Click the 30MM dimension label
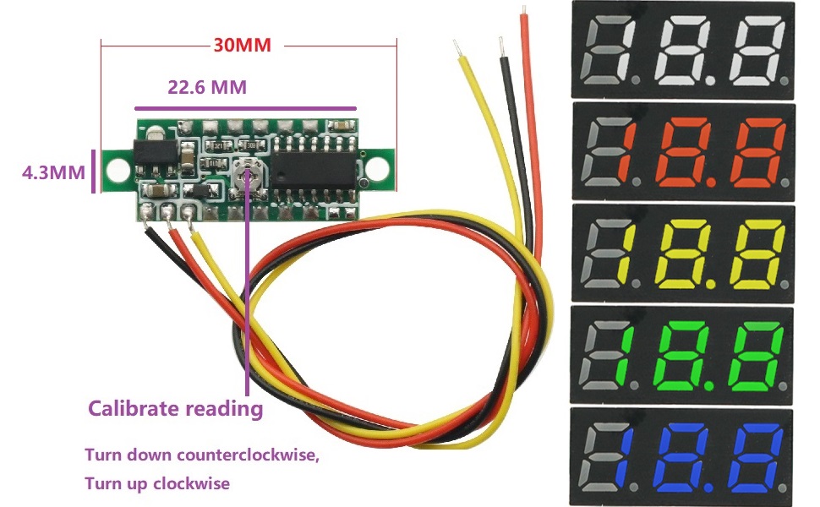click(242, 45)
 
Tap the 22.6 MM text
click(207, 87)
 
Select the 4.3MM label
click(53, 172)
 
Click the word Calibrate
click(134, 408)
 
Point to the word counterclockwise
click(248, 455)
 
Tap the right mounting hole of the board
click(376, 168)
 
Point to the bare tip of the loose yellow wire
click(456, 47)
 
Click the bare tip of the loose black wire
click(501, 46)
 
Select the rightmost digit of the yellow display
click(757, 254)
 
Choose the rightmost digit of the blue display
click(757, 458)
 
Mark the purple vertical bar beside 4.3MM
click(94, 172)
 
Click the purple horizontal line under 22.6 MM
click(246, 109)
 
